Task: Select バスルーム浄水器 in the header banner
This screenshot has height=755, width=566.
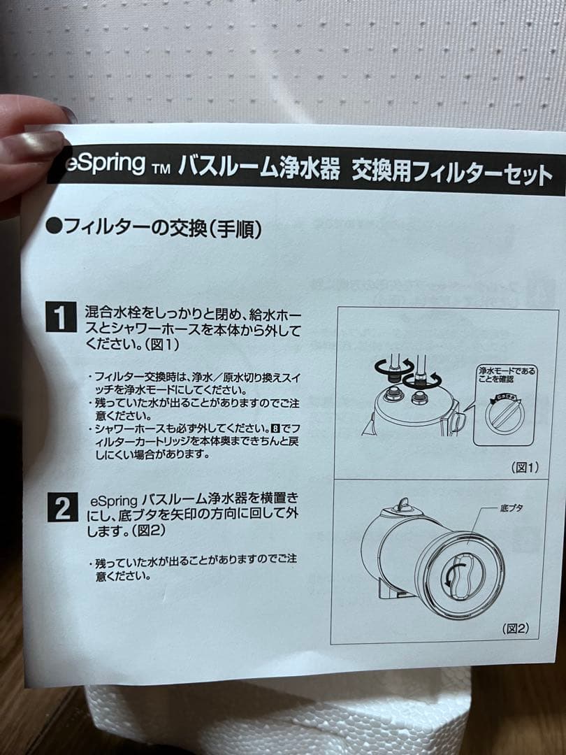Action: click(x=259, y=168)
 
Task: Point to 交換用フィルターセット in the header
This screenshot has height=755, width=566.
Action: click(x=451, y=171)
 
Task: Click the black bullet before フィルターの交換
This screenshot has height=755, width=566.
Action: click(x=55, y=226)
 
